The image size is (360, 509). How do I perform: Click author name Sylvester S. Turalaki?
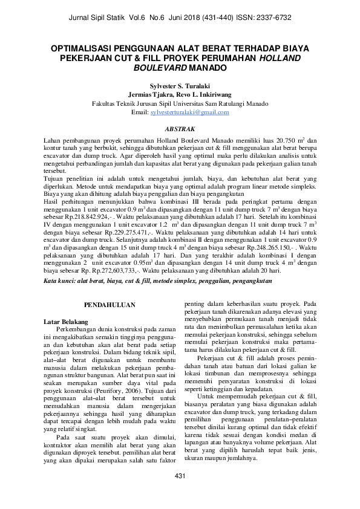[x=180, y=86]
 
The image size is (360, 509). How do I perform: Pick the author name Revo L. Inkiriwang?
[x=205, y=95]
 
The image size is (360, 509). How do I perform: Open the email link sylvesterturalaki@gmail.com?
[x=190, y=112]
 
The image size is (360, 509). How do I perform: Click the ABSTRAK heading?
[x=180, y=129]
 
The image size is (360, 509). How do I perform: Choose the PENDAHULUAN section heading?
[x=108, y=306]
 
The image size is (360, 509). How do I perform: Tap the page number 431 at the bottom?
[x=180, y=494]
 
